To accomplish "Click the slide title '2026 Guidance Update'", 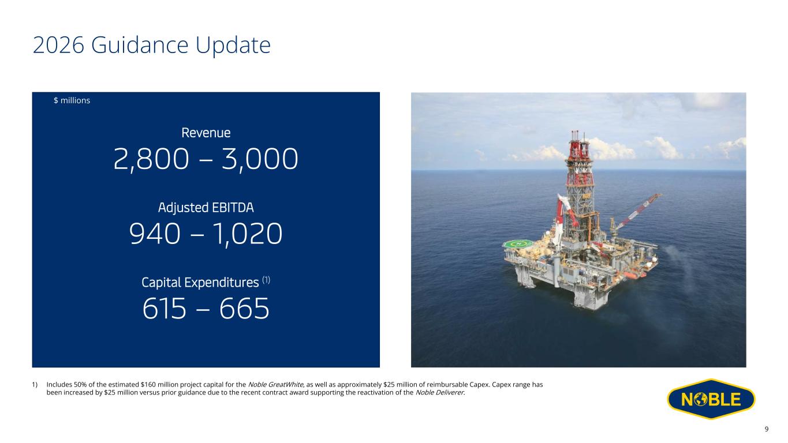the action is pos(152,46).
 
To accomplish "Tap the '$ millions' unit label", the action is pos(72,100).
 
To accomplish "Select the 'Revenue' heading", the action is pos(206,133).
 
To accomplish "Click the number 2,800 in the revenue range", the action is pos(151,159).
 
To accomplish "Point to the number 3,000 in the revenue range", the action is pos(260,159).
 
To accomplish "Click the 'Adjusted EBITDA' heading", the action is pos(206,208).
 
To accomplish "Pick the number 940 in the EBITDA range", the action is pos(155,234).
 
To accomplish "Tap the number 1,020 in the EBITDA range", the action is pos(248,235).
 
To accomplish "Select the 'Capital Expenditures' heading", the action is pos(200,283).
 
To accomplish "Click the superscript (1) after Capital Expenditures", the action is pos(266,280).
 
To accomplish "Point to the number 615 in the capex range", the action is pos(165,309).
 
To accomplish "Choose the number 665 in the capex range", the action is pos(245,309).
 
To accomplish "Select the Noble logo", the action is pos(711,399).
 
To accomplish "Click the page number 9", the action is pos(767,429).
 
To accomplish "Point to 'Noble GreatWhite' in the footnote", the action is pos(275,385).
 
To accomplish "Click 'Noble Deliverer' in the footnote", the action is pos(440,393).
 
